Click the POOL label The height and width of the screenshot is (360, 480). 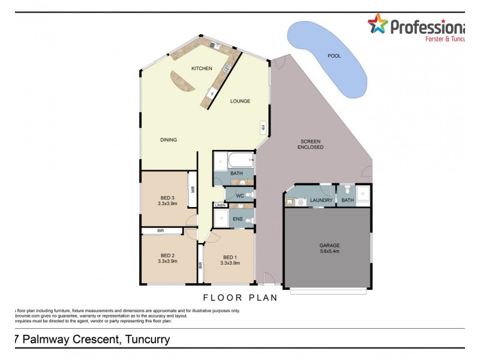(334, 56)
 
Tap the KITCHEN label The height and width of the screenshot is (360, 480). (202, 69)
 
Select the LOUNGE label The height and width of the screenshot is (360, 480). (240, 101)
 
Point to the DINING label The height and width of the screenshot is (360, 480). (169, 140)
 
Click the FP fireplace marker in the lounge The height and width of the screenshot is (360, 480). (263, 127)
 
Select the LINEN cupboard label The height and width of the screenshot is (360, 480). (220, 206)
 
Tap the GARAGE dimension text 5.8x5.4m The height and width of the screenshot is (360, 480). (329, 251)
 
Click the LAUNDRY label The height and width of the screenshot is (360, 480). (321, 200)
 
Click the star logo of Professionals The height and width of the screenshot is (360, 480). (377, 25)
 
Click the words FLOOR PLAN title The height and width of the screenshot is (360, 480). (240, 297)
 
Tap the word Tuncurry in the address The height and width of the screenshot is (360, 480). (146, 340)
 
